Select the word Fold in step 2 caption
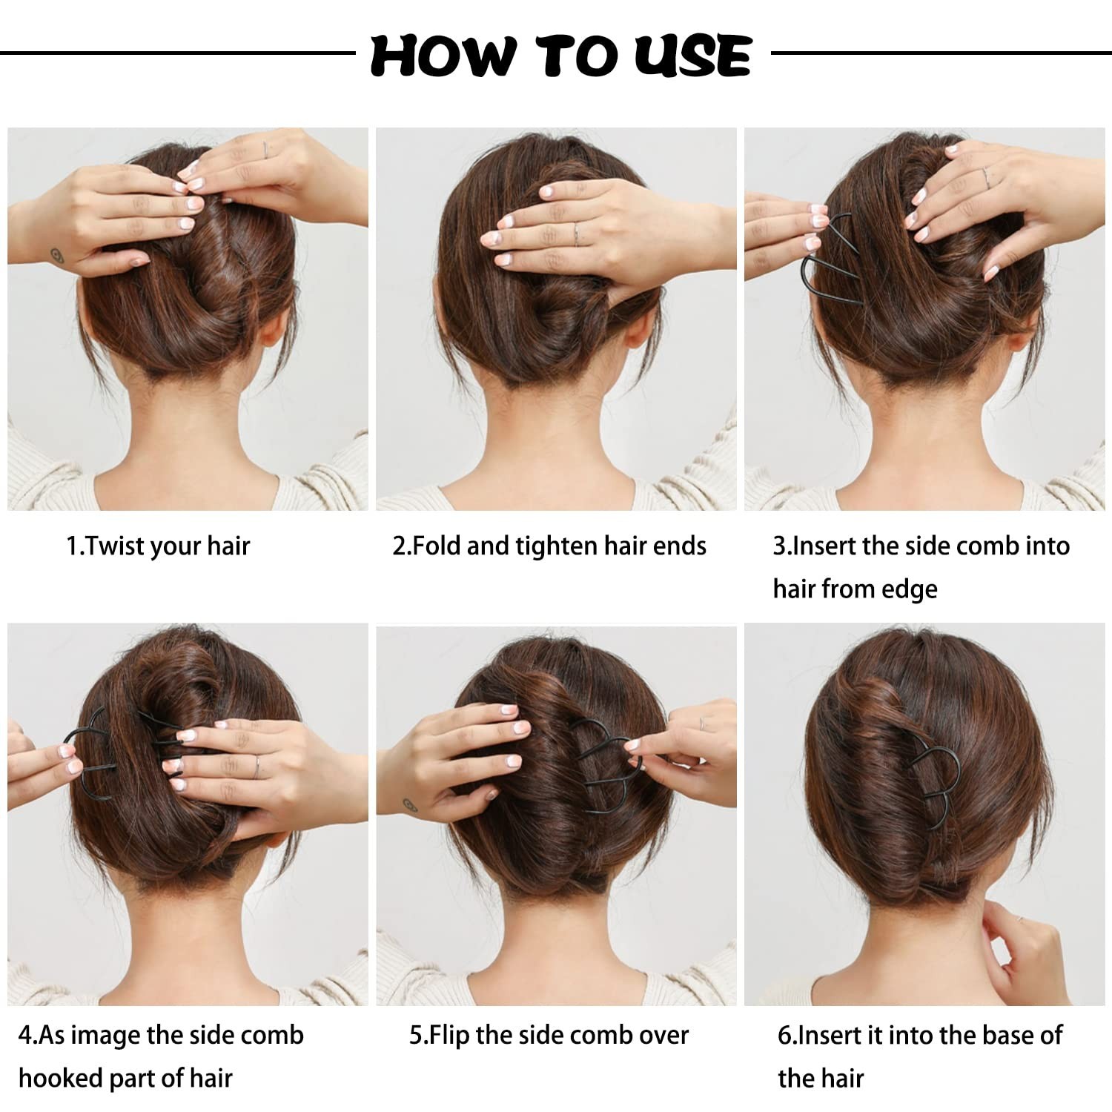pos(437,546)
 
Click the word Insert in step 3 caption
pos(825,546)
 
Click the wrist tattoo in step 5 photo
pos(408,804)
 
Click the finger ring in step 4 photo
pos(257,767)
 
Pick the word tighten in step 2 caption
pos(557,546)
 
